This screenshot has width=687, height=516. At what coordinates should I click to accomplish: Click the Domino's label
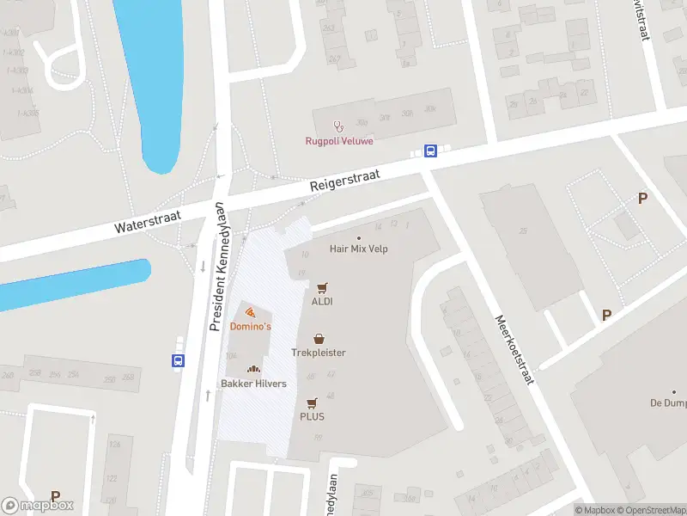point(251,327)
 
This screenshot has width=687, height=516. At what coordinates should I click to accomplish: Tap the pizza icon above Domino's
point(249,312)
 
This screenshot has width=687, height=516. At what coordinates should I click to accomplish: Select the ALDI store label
point(322,302)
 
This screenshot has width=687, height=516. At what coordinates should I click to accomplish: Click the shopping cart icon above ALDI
point(322,288)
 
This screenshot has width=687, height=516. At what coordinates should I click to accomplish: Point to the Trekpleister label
point(319,353)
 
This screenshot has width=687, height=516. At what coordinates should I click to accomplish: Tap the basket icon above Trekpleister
point(319,339)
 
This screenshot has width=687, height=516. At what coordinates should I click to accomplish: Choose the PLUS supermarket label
point(312,416)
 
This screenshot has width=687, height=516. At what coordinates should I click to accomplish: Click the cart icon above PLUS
point(312,402)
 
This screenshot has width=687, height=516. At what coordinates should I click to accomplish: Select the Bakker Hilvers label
point(253,384)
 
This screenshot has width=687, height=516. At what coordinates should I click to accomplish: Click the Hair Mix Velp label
point(359,249)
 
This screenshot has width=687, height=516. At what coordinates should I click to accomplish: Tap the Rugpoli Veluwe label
point(339,141)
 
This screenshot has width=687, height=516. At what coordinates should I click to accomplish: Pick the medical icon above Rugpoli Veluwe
point(338,126)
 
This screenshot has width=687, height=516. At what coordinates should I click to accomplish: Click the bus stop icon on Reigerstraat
point(431,151)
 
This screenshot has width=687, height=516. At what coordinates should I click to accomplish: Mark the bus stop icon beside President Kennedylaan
point(178,361)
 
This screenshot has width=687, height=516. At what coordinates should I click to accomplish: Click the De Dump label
point(667,402)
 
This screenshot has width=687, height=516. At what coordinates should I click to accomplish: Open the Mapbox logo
point(38,506)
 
